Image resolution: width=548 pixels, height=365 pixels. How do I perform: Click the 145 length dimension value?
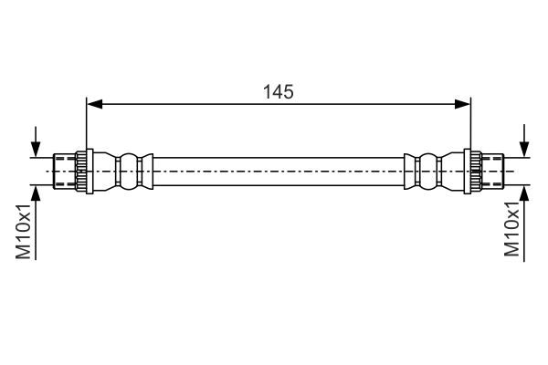click(279, 92)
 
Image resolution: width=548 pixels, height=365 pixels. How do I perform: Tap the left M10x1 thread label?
click(24, 231)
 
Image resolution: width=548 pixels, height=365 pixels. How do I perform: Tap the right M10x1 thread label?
click(511, 229)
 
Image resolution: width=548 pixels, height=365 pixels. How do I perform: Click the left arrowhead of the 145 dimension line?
click(95, 104)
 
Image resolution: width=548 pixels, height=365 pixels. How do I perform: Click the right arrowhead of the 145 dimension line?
click(462, 104)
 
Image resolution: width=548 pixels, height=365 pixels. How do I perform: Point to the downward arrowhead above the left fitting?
click(36, 149)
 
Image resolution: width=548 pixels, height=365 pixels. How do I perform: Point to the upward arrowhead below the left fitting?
click(36, 193)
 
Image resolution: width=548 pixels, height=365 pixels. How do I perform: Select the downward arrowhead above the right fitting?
click(524, 149)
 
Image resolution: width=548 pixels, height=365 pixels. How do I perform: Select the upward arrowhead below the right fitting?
click(524, 193)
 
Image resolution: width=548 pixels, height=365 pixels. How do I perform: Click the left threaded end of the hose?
click(65, 172)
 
